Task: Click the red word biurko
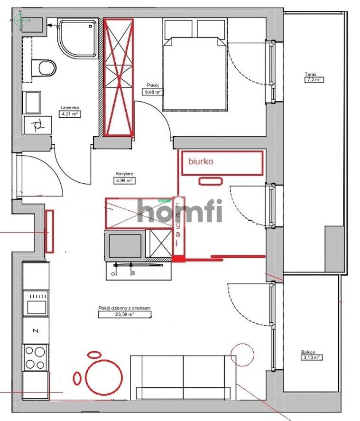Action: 201,161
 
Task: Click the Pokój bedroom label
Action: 152,85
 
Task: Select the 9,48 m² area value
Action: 152,92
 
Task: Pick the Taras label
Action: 311,74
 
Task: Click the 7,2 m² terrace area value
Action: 314,80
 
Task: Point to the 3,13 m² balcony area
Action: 312,358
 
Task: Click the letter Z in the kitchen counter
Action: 35,329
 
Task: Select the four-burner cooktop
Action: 35,358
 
